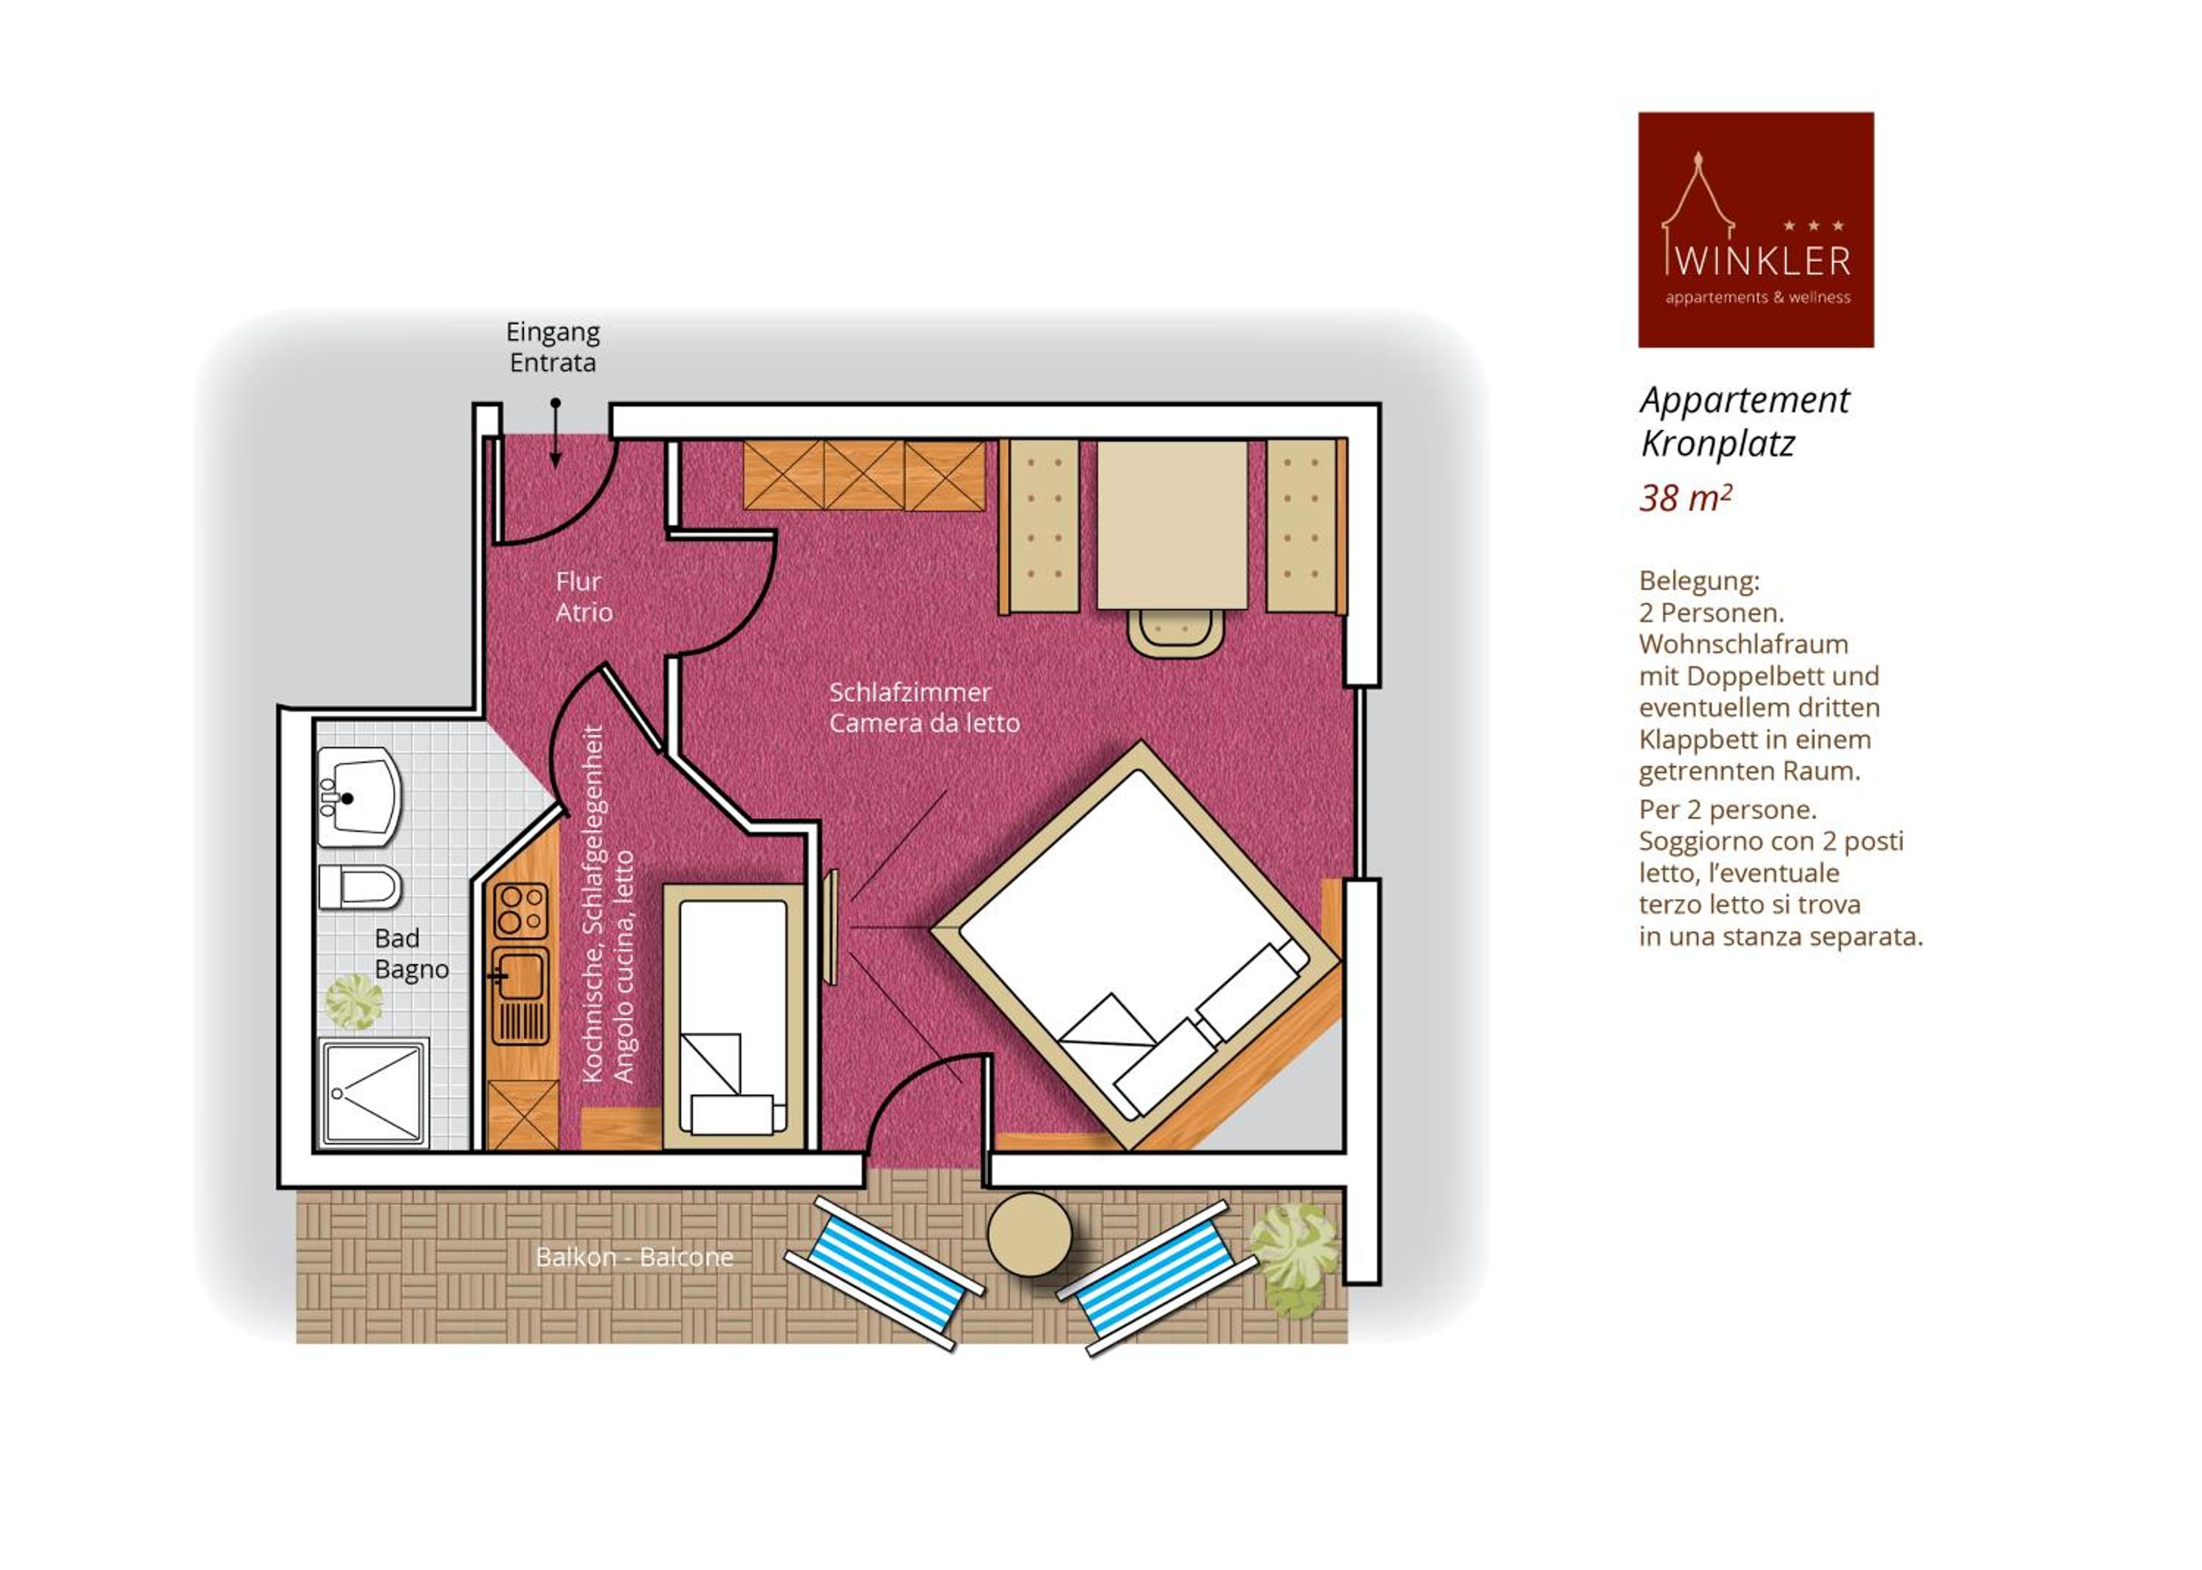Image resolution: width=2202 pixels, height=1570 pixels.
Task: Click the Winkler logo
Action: click(1755, 230)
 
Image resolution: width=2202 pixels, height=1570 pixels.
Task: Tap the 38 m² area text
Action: click(1685, 498)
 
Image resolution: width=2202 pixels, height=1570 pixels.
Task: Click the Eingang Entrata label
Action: click(553, 347)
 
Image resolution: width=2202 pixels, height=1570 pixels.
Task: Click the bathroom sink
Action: click(359, 797)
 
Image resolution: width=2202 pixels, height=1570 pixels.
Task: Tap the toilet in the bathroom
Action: click(359, 886)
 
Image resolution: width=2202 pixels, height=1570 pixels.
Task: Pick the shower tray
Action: click(374, 1092)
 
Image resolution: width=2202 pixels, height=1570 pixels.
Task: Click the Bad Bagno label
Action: click(411, 953)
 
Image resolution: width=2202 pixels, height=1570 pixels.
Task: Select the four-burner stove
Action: click(520, 910)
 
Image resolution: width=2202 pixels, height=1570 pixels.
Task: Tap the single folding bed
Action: click(734, 1016)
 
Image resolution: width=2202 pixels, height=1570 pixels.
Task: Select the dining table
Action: click(1172, 525)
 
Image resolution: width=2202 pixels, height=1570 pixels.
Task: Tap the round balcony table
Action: click(1029, 1235)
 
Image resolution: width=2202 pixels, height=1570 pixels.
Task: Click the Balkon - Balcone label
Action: click(634, 1257)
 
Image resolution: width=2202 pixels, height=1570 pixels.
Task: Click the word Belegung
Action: click(1699, 582)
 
